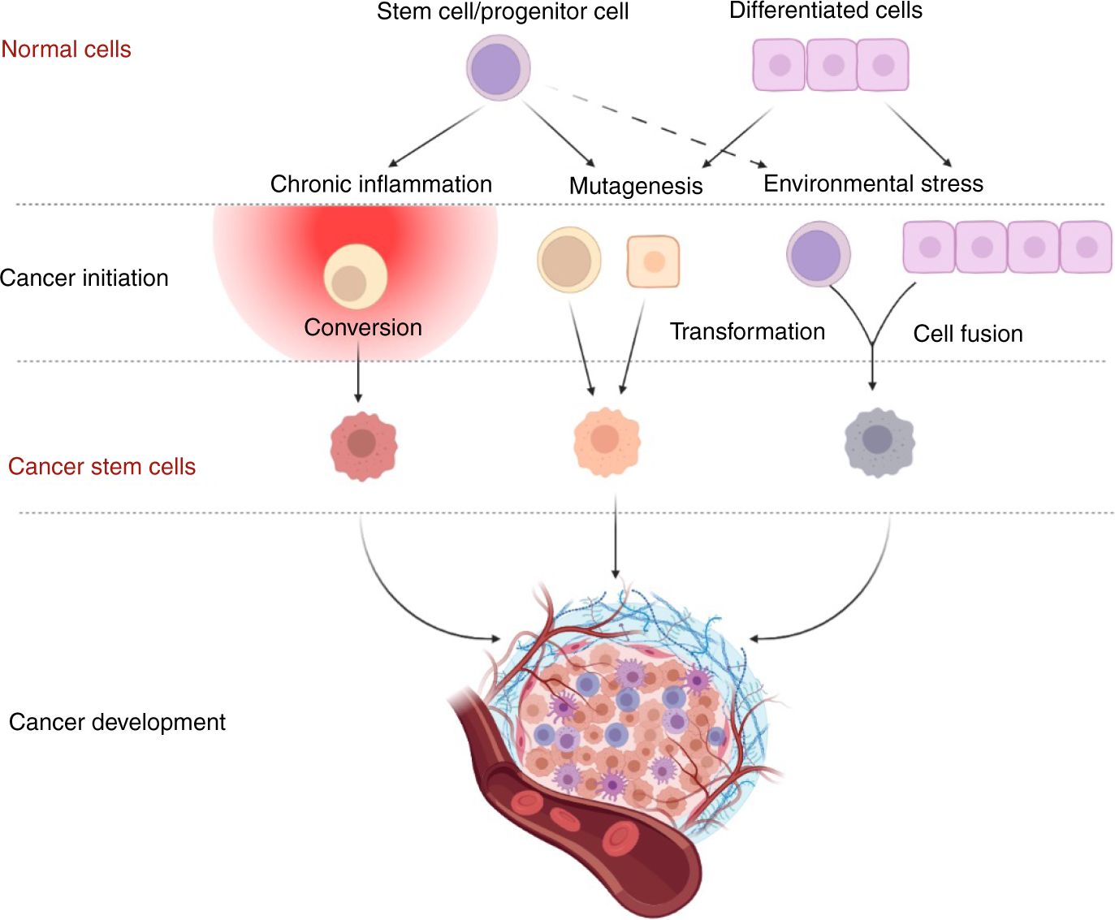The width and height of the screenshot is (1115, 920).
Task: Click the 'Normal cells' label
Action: pyautogui.click(x=66, y=50)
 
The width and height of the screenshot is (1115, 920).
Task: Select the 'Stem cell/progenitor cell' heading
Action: pyautogui.click(x=502, y=11)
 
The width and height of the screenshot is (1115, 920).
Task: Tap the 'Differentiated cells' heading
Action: pyautogui.click(x=825, y=11)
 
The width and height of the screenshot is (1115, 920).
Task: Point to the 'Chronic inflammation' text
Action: pyautogui.click(x=381, y=184)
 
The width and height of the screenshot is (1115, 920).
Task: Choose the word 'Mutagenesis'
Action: pyautogui.click(x=635, y=186)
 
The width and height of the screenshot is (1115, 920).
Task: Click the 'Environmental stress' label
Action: pyautogui.click(x=873, y=184)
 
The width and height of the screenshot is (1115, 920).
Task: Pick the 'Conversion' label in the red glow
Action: pyautogui.click(x=363, y=327)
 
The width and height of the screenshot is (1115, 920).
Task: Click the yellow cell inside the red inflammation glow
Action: pyautogui.click(x=355, y=276)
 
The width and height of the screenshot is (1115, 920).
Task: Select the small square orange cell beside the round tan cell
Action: pyautogui.click(x=653, y=261)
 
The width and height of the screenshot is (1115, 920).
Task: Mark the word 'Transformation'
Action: pyautogui.click(x=747, y=331)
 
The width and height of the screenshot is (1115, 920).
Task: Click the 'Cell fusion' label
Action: pyautogui.click(x=967, y=334)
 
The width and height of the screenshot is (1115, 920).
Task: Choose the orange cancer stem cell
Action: pyautogui.click(x=607, y=441)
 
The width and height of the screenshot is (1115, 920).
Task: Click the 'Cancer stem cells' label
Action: pyautogui.click(x=102, y=467)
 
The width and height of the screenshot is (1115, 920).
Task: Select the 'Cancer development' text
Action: pyautogui.click(x=117, y=722)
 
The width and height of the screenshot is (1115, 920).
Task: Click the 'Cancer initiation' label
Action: pyautogui.click(x=84, y=279)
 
